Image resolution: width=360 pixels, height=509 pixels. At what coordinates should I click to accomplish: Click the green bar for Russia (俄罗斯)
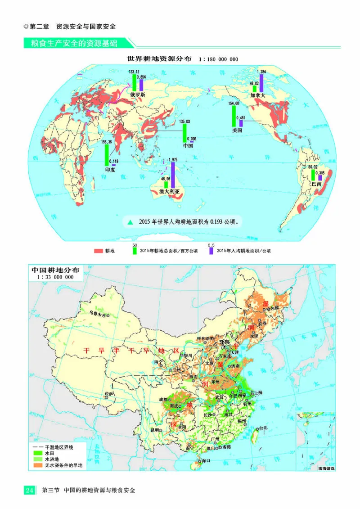point(134,83)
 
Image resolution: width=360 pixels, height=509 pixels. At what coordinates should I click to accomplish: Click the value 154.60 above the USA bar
point(234,104)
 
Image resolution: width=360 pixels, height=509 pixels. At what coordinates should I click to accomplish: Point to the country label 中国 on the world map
point(188,145)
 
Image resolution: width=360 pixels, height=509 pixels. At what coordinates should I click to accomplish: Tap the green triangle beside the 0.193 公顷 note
point(130,222)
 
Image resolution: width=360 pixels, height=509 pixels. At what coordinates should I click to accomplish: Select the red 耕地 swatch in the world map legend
point(99,251)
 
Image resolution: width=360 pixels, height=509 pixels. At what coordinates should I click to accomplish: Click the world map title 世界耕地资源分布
point(160,59)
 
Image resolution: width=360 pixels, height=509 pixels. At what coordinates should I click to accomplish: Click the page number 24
point(30,490)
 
